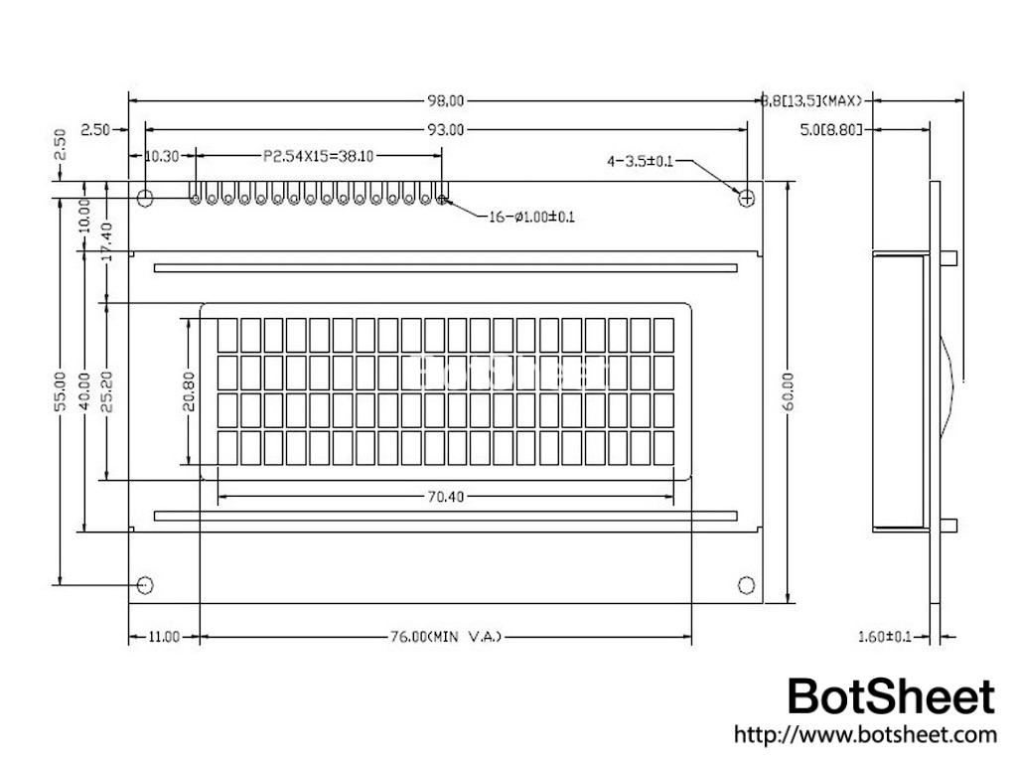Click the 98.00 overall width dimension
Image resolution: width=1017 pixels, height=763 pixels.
tap(446, 100)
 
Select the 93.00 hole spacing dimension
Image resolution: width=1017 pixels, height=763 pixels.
tap(446, 129)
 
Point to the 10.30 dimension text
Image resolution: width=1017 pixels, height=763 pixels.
tap(162, 156)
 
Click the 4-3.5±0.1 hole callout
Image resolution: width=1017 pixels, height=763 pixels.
tap(640, 161)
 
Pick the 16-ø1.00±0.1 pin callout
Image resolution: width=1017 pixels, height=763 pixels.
tap(531, 218)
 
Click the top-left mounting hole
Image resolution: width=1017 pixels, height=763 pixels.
tap(145, 198)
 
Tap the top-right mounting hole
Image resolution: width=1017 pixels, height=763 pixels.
tap(746, 198)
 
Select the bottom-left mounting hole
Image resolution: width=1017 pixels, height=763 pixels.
tap(145, 584)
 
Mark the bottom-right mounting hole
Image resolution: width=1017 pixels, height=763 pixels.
tap(746, 584)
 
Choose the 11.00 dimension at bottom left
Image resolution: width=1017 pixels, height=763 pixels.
tap(164, 637)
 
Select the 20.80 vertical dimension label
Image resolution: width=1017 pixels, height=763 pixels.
tap(187, 390)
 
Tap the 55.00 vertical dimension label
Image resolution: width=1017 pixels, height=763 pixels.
tap(61, 390)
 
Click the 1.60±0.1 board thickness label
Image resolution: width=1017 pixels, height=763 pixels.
tap(883, 637)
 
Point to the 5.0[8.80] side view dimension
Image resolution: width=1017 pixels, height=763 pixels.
tap(830, 129)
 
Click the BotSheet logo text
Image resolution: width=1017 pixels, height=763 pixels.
tap(890, 697)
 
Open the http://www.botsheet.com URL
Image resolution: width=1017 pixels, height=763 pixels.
tap(864, 736)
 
